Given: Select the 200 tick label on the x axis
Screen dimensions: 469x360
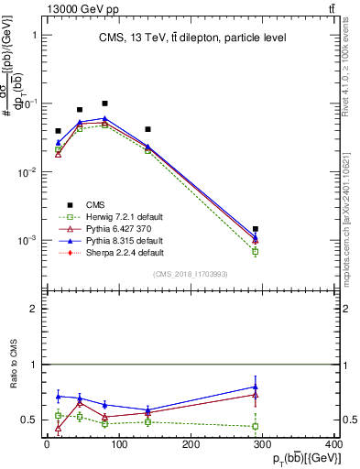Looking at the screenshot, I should tap(191, 444).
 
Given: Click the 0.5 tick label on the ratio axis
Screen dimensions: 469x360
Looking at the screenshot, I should tap(28, 420).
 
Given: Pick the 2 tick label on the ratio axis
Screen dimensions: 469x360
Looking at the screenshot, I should tap(33, 310).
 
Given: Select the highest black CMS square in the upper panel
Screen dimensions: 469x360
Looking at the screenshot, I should tap(105, 104).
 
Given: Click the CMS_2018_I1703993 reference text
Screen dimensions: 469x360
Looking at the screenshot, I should tap(191, 274).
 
